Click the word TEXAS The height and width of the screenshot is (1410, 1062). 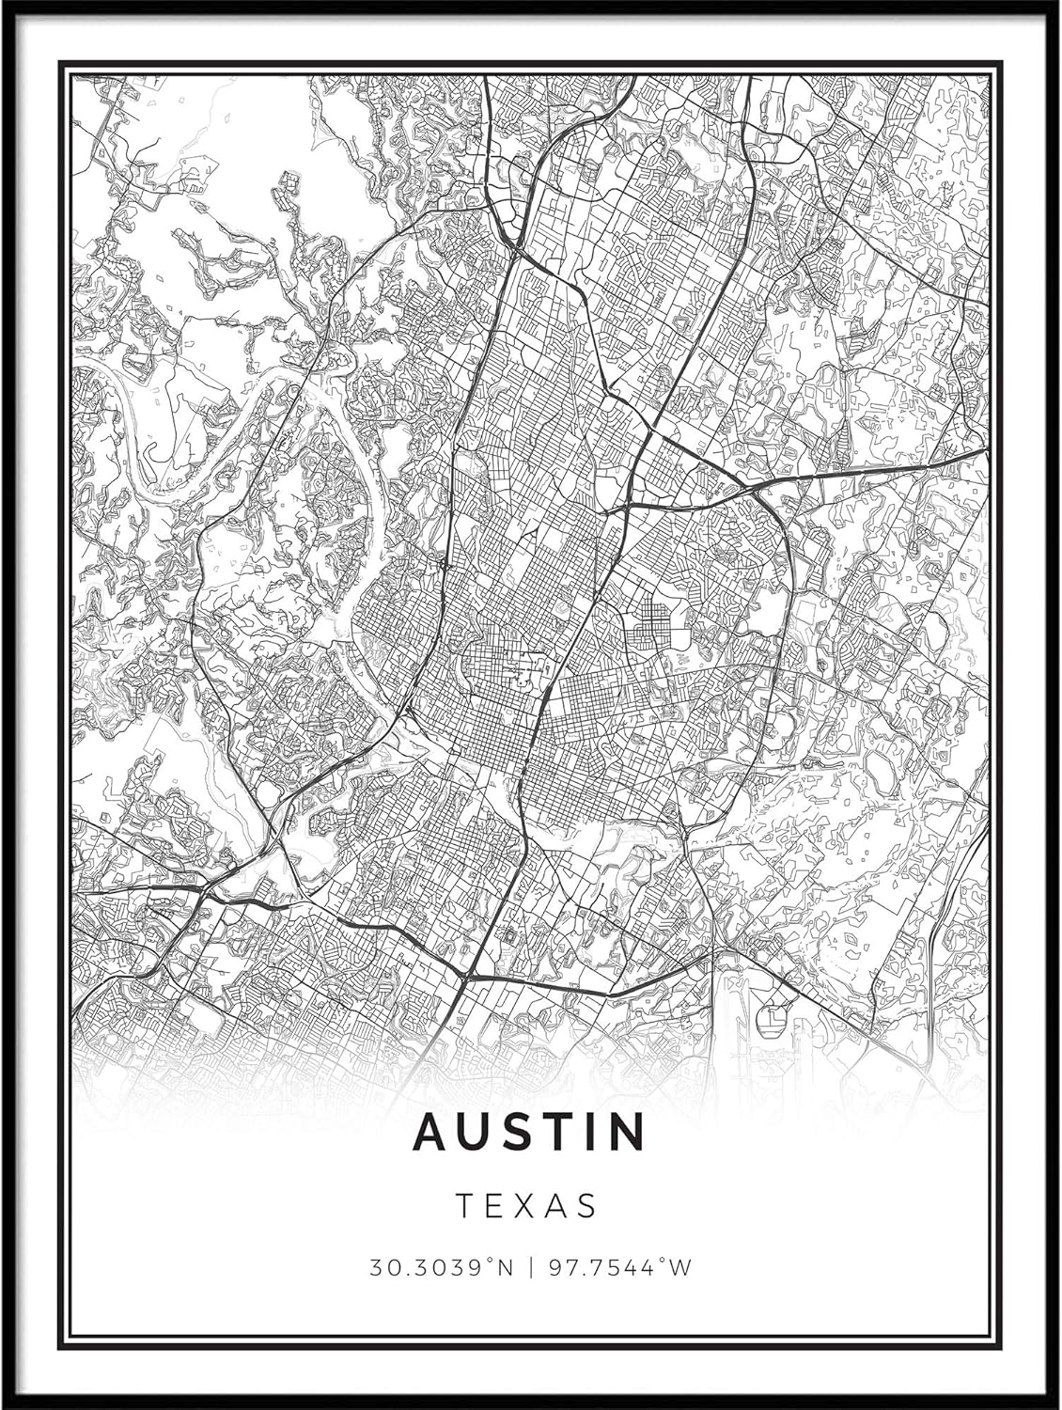click(527, 1206)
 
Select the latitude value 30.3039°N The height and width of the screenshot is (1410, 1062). click(441, 1268)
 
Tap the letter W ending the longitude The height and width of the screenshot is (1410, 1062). click(681, 1268)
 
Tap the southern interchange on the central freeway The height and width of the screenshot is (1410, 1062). click(467, 978)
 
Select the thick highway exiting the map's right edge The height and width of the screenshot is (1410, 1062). click(977, 453)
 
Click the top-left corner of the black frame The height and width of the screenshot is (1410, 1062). click(4, 4)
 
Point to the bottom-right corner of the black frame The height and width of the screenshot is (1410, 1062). click(1057, 1405)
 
